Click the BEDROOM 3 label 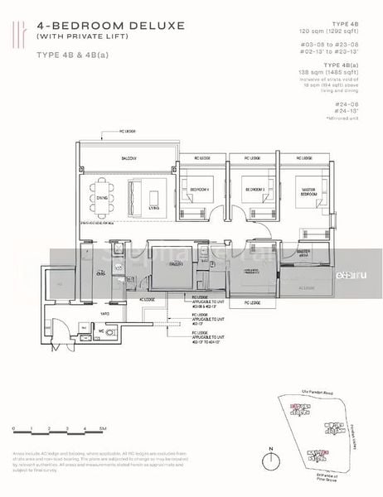[x=254, y=189]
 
